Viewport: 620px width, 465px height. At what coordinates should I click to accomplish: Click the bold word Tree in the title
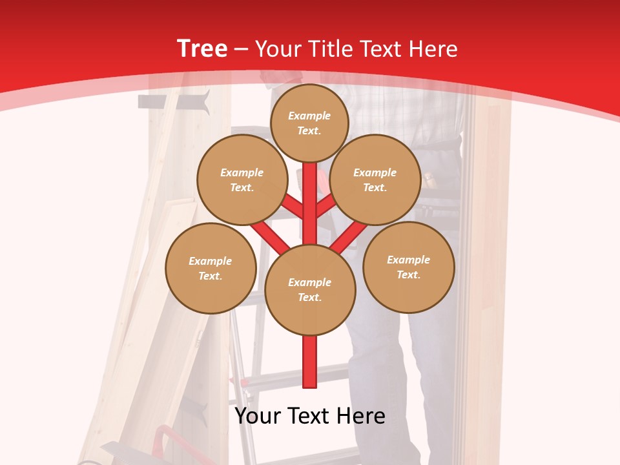(x=202, y=49)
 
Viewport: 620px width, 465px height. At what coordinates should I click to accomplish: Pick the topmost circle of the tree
(x=309, y=123)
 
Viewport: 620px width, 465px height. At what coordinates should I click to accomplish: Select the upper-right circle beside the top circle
(x=375, y=180)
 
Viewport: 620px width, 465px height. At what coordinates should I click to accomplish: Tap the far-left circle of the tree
(x=211, y=268)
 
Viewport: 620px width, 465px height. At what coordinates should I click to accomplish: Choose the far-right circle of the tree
(x=408, y=267)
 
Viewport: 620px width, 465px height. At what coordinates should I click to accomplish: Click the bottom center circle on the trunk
(x=310, y=289)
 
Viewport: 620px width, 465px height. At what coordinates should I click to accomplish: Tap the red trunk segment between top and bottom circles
(x=310, y=213)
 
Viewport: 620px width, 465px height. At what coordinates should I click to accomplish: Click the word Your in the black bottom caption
(x=257, y=416)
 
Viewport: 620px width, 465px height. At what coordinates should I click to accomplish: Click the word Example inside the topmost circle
(x=309, y=116)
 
